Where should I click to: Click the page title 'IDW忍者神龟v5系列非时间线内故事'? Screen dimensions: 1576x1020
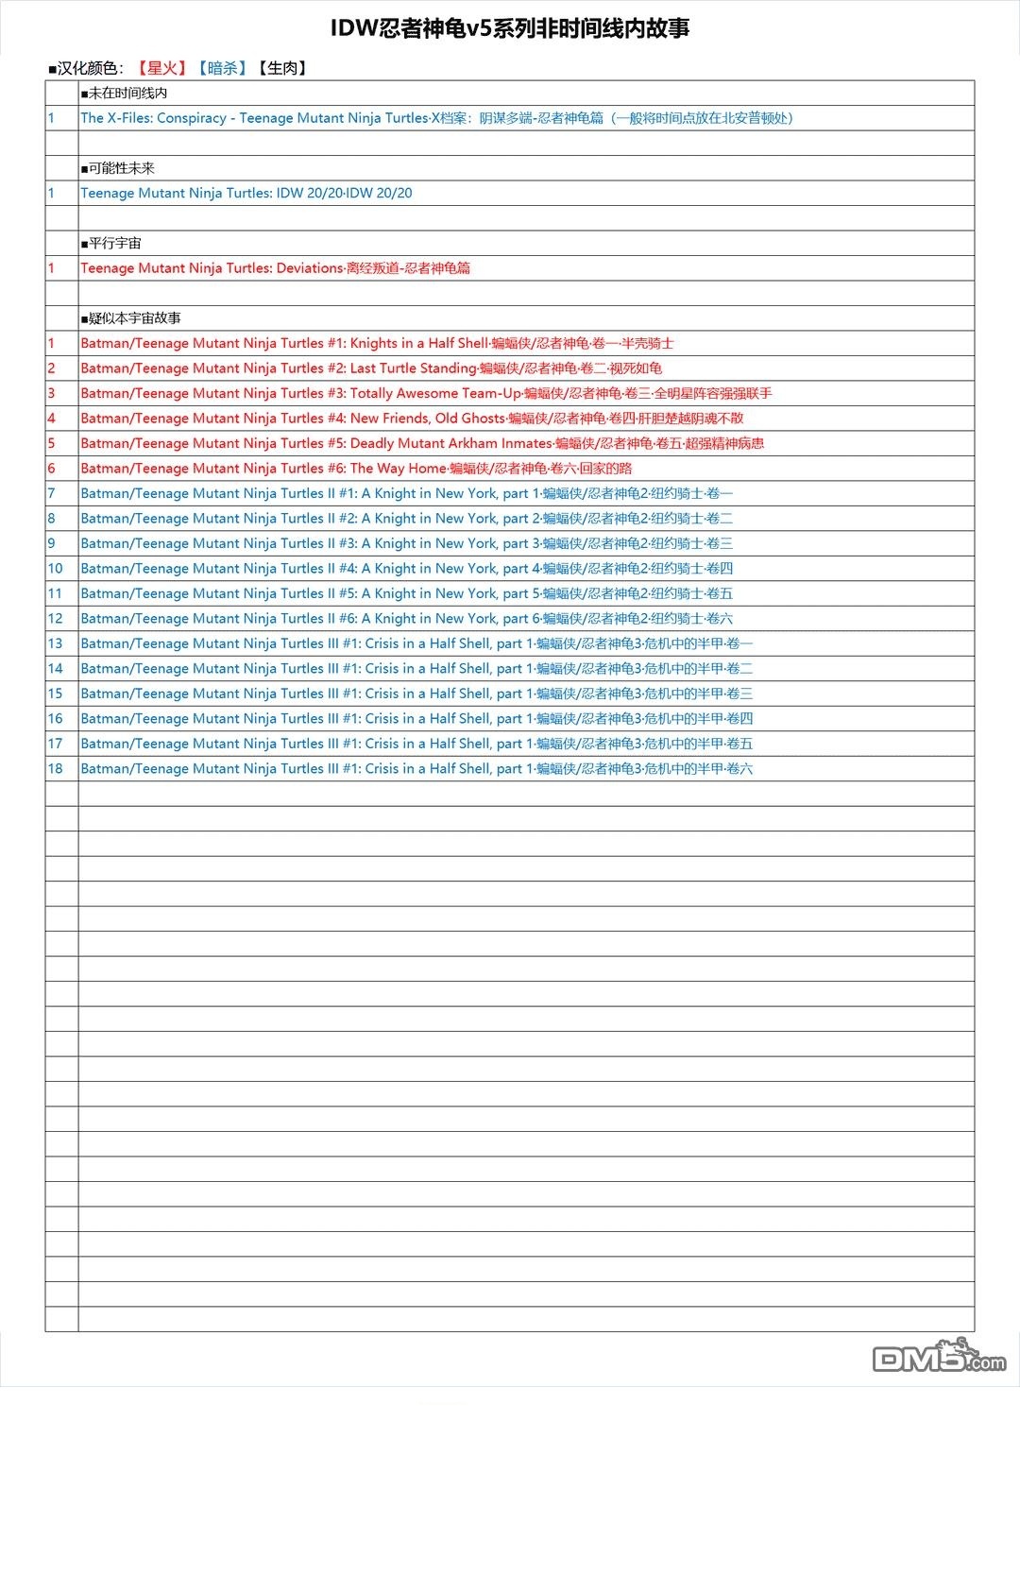pyautogui.click(x=510, y=28)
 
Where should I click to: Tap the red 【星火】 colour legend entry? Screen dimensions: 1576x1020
pyautogui.click(x=161, y=68)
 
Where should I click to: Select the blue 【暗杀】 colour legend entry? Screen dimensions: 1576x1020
pyautogui.click(x=222, y=68)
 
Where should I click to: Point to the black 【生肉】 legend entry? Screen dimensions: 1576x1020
pyautogui.click(x=282, y=68)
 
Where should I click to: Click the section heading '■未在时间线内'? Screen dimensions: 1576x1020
pyautogui.click(x=125, y=93)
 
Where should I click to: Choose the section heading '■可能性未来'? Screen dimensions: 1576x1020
pyautogui.click(x=118, y=168)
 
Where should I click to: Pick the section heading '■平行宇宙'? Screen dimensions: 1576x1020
pyautogui.click(x=111, y=243)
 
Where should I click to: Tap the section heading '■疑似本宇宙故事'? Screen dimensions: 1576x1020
pyautogui.click(x=131, y=318)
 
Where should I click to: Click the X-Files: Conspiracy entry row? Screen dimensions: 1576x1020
pyautogui.click(x=436, y=118)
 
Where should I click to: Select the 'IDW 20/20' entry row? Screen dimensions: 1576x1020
pyautogui.click(x=246, y=193)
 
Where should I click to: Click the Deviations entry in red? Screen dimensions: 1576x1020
pyautogui.click(x=275, y=268)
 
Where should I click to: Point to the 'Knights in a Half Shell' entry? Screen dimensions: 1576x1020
pyautogui.click(x=377, y=343)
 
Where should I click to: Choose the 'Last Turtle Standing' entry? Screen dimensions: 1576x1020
pyautogui.click(x=371, y=368)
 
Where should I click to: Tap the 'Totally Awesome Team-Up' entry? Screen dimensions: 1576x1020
pyautogui.click(x=426, y=393)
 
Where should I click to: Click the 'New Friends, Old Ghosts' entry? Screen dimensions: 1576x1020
pyautogui.click(x=412, y=419)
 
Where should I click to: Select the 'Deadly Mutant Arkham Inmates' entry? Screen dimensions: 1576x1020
pyautogui.click(x=422, y=443)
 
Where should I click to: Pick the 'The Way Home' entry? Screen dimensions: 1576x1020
pyautogui.click(x=356, y=469)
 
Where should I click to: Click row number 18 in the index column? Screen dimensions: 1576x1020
pyautogui.click(x=56, y=769)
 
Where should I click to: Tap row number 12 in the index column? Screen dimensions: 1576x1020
pyautogui.click(x=56, y=619)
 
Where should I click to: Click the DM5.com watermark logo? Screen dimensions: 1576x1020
pyautogui.click(x=939, y=1357)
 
